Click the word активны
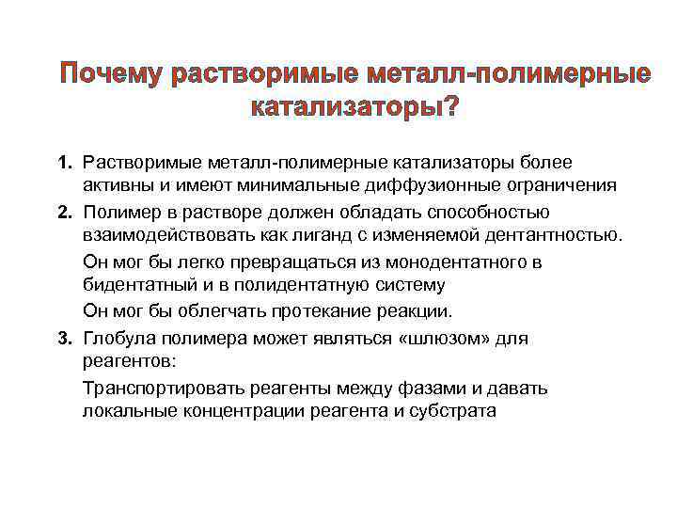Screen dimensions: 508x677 [118, 186]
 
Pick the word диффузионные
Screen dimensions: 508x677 [417, 186]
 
